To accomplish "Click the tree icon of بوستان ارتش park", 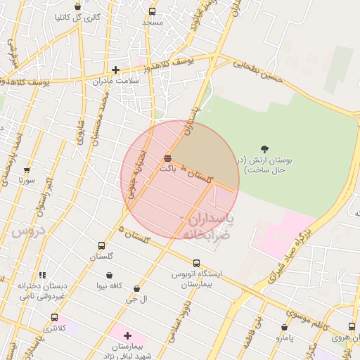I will (x=264, y=149).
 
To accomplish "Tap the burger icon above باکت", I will (x=167, y=157).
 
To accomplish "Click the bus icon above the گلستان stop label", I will (x=102, y=246).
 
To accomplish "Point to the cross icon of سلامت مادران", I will (x=115, y=70).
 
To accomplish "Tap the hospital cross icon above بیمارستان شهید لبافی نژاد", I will (x=127, y=335).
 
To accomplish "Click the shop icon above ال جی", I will (x=136, y=288).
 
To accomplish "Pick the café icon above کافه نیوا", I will (x=109, y=275).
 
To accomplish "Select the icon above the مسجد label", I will (x=153, y=11).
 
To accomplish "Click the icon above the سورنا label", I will (x=27, y=170).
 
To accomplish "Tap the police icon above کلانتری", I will (x=55, y=318).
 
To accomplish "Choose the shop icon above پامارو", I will (x=284, y=327).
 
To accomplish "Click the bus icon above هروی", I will (x=352, y=326).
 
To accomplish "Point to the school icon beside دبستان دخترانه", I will (x=42, y=275).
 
